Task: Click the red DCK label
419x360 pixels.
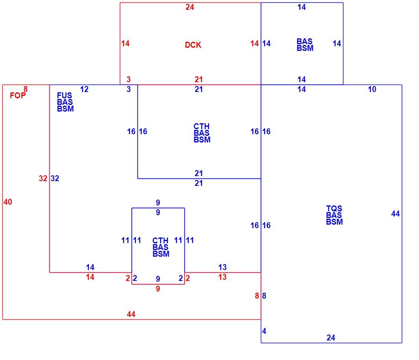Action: (193, 45)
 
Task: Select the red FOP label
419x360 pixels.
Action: (18, 95)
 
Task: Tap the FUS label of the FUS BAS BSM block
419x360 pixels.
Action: (64, 95)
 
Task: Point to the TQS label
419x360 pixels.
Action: (334, 208)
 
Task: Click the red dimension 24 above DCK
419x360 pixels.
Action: (190, 7)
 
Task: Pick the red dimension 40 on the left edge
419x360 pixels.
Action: (8, 202)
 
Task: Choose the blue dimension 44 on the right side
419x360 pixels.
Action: (396, 214)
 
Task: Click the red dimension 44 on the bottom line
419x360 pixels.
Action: (131, 314)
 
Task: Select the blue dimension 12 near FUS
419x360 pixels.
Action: (84, 89)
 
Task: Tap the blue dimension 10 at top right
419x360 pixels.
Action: (372, 89)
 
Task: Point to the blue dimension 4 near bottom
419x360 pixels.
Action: (264, 331)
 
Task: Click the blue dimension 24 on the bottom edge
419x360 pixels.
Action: (331, 338)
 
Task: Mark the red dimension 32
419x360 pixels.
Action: (43, 178)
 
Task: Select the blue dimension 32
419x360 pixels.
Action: (55, 178)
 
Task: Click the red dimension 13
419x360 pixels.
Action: (222, 277)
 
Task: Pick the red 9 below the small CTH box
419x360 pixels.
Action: (158, 289)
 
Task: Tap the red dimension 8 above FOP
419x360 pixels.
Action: (25, 89)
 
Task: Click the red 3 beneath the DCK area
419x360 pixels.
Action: (128, 79)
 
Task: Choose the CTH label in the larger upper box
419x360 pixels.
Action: (202, 126)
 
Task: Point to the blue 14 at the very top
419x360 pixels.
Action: (302, 7)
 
